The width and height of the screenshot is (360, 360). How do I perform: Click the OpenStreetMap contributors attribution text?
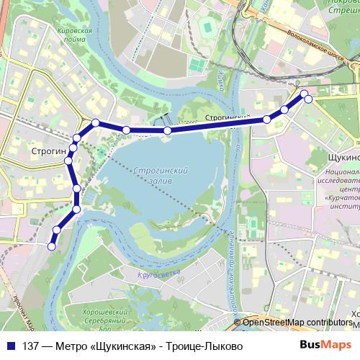[x=297, y=322]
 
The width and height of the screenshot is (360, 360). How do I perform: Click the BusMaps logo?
[x=325, y=345]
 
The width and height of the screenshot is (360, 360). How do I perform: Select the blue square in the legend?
[x=12, y=346]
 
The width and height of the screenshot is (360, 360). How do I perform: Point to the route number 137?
[x=31, y=346]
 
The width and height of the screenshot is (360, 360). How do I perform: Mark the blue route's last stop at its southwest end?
[x=51, y=247]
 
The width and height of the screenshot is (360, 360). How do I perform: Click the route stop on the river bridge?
[x=167, y=130]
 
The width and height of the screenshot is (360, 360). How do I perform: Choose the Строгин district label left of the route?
[x=49, y=151]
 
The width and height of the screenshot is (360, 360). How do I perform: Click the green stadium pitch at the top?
[x=208, y=27]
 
